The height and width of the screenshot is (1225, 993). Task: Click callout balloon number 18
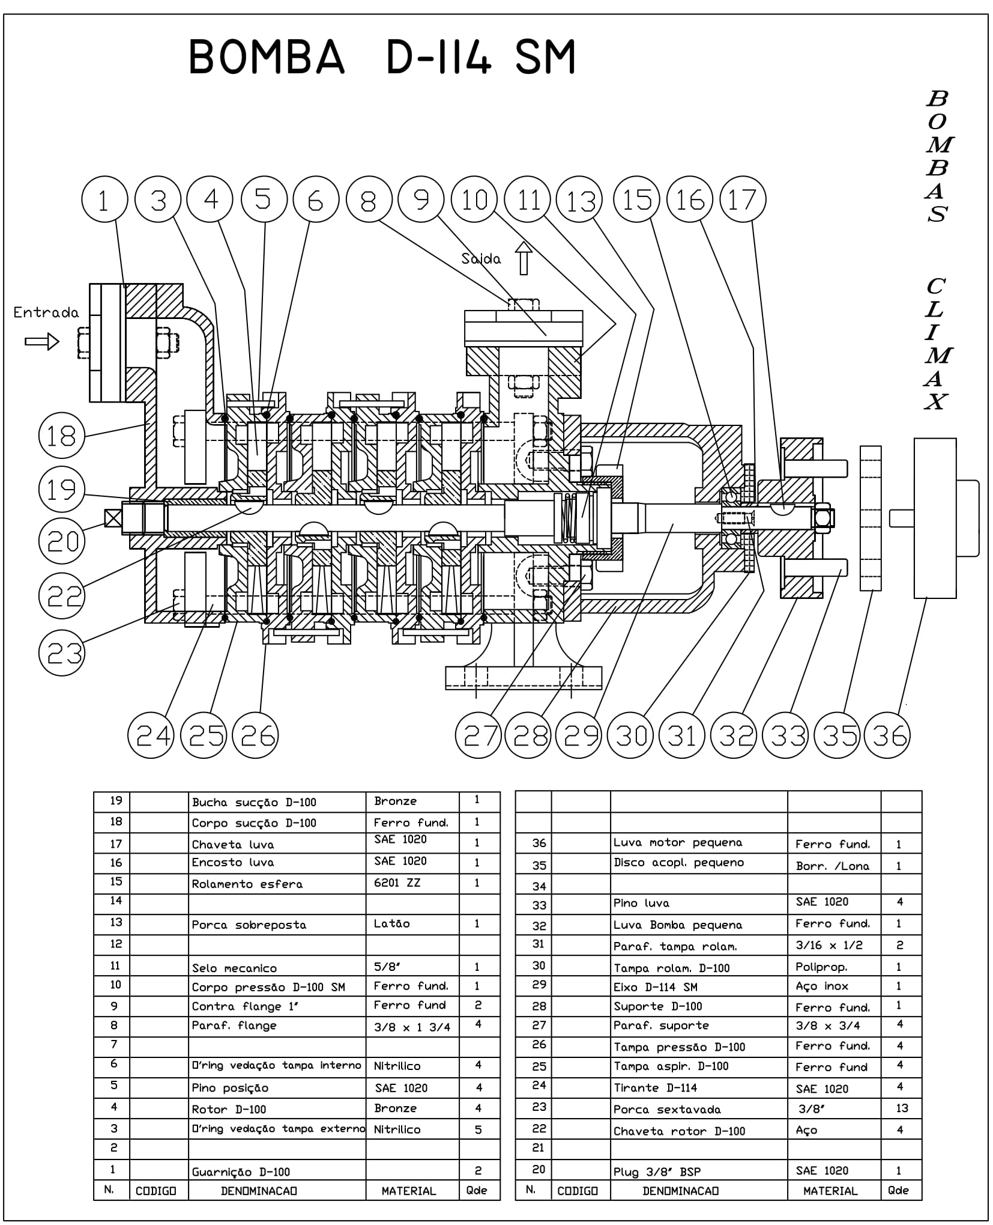(61, 436)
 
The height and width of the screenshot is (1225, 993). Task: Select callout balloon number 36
(887, 735)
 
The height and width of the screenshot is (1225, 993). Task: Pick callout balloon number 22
(62, 596)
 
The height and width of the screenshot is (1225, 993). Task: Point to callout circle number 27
(478, 735)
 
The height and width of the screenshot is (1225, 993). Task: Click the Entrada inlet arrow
(42, 342)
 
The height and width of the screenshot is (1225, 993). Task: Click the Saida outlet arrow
(524, 258)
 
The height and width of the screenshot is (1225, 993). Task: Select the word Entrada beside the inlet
(46, 312)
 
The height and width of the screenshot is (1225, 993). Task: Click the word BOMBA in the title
(267, 57)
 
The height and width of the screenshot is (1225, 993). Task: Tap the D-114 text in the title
(438, 57)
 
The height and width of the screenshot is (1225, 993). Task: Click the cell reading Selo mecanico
(234, 968)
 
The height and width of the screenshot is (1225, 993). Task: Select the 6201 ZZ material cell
(397, 883)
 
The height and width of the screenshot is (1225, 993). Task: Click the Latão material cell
(391, 923)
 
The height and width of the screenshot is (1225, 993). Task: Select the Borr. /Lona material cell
(832, 866)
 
